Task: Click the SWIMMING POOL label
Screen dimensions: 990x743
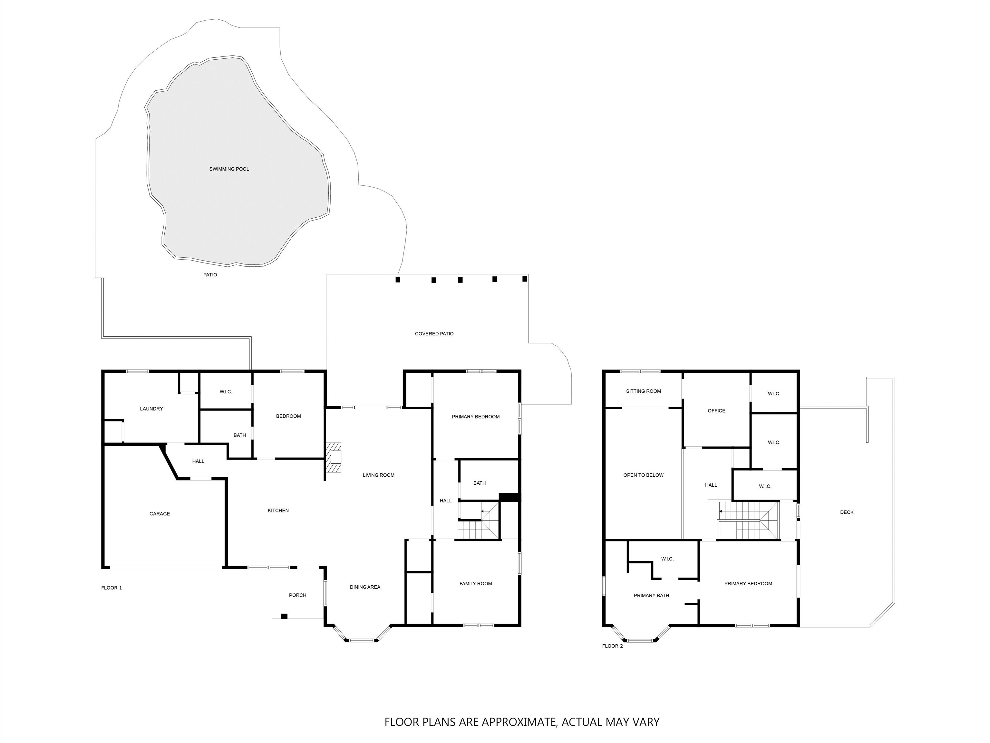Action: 229,169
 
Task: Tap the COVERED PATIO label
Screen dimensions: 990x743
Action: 434,334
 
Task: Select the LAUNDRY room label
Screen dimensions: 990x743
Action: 151,409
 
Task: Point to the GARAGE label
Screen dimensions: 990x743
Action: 160,514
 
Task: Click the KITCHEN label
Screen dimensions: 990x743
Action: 278,510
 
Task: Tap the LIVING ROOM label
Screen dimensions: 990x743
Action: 379,475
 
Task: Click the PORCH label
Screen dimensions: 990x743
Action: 298,595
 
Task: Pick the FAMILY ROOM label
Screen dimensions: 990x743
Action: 476,584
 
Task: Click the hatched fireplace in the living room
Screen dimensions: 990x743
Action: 334,458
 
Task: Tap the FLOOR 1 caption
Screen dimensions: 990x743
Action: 112,588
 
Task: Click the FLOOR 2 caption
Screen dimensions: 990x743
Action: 612,646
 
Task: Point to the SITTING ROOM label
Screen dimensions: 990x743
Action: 644,391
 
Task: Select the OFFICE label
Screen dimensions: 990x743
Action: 716,411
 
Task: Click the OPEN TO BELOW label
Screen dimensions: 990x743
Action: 644,475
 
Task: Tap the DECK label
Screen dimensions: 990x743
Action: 847,512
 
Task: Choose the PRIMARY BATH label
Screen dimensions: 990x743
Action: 652,595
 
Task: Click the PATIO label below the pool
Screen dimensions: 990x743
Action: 210,274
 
